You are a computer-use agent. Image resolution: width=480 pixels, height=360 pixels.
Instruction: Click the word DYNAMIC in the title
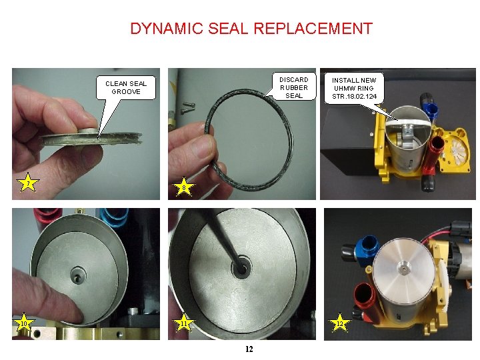pyautogui.click(x=167, y=29)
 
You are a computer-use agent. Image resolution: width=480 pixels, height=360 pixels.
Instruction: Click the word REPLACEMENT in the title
pyautogui.click(x=313, y=29)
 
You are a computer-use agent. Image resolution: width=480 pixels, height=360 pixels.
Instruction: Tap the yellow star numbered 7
pyautogui.click(x=28, y=183)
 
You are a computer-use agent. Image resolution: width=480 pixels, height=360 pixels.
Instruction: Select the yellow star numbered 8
pyautogui.click(x=184, y=187)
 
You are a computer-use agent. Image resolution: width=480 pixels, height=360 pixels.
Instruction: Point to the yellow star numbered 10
pyautogui.click(x=23, y=323)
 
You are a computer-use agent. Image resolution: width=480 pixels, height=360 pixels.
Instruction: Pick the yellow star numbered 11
pyautogui.click(x=184, y=323)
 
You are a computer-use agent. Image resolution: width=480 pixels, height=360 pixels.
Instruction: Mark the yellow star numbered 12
pyautogui.click(x=340, y=323)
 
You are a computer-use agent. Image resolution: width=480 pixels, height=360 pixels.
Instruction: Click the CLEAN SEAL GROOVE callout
pyautogui.click(x=126, y=88)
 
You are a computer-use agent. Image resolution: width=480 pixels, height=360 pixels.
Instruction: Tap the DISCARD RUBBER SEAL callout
pyautogui.click(x=293, y=87)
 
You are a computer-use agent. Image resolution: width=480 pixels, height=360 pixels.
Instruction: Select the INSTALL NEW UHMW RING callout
pyautogui.click(x=354, y=88)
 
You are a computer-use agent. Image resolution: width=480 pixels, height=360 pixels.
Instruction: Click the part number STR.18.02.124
pyautogui.click(x=354, y=97)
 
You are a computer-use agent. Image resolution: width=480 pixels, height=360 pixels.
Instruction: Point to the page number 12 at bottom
pyautogui.click(x=249, y=349)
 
